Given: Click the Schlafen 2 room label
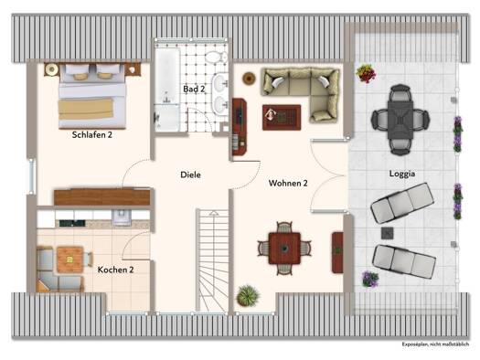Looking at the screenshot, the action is click(92, 134).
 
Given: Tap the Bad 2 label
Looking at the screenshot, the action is click(194, 89).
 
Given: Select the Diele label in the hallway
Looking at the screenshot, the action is click(190, 175).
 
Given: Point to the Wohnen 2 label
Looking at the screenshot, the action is click(288, 183).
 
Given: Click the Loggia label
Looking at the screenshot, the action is click(402, 174).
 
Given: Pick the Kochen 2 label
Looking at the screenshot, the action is click(116, 270).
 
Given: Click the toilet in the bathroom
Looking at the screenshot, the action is click(216, 57).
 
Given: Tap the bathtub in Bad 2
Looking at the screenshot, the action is click(167, 77).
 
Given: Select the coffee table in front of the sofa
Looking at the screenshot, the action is click(282, 118).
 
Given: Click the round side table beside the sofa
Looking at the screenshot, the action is click(249, 79).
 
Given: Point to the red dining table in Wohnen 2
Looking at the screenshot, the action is click(284, 249).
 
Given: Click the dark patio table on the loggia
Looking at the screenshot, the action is click(400, 121).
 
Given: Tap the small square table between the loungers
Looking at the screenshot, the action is click(388, 233).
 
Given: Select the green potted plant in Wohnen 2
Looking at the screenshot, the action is click(249, 295).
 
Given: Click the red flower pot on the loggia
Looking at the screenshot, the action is click(366, 73).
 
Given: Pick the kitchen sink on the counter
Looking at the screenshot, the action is click(122, 217).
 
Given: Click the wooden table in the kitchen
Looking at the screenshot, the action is click(70, 259).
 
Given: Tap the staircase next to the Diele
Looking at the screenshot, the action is click(212, 260).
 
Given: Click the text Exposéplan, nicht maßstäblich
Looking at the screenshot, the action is click(435, 344).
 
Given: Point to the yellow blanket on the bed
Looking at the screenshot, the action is click(86, 109).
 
